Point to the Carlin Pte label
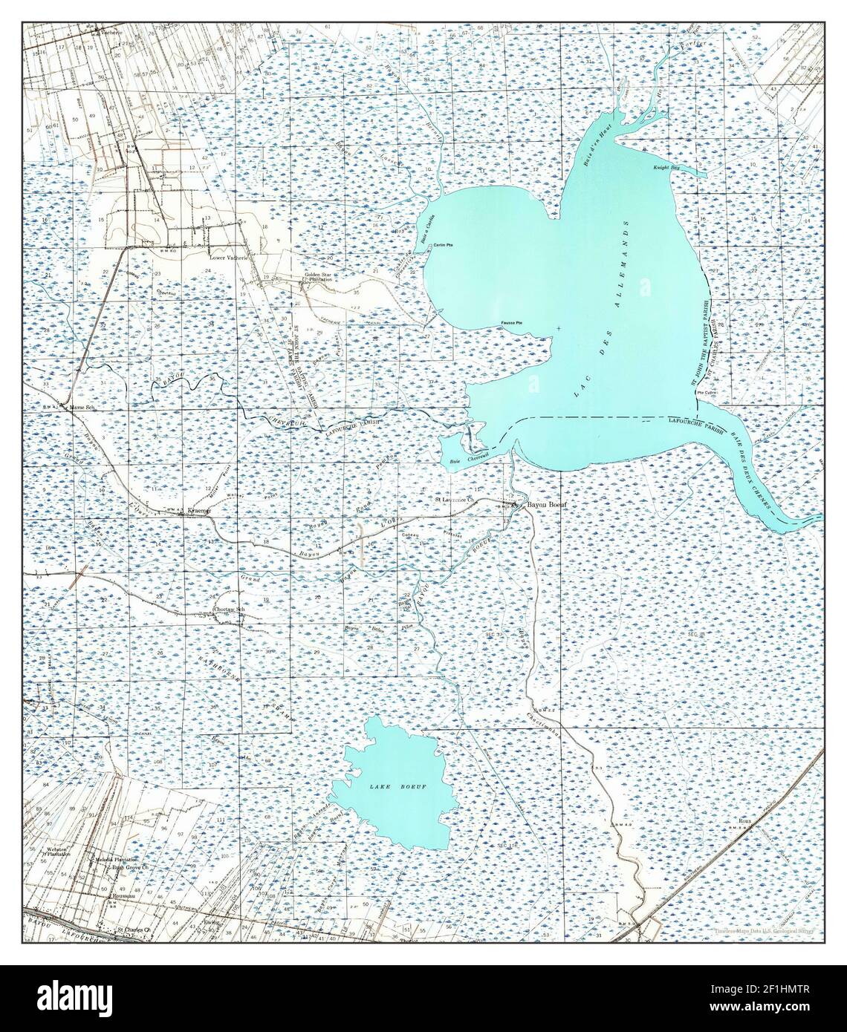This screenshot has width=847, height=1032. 444,245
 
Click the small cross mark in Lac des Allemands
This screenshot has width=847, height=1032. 558,328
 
